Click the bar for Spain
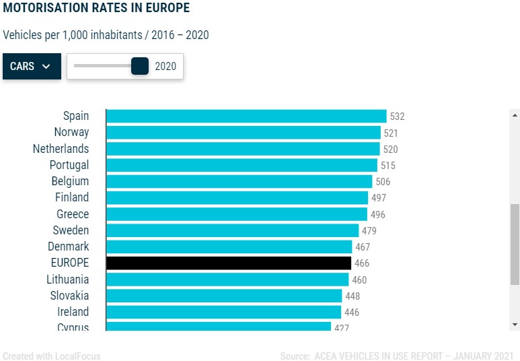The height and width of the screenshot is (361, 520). [x=246, y=116]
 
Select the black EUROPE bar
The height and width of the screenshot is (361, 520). [x=229, y=263]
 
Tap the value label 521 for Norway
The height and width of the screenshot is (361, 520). [x=391, y=133]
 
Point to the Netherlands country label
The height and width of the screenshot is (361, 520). [x=61, y=149]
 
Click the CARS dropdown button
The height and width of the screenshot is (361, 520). [x=31, y=67]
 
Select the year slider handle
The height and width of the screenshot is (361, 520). [x=140, y=66]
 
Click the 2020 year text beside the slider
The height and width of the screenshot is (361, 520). [x=165, y=67]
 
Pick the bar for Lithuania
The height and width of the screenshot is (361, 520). [x=227, y=280]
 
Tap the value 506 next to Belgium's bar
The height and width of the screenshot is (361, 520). [x=383, y=182]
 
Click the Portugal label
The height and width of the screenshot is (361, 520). [x=69, y=165]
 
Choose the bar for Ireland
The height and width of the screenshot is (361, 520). [x=223, y=312]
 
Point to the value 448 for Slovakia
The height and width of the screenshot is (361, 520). [x=353, y=296]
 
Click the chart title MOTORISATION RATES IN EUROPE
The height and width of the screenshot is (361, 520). [x=96, y=9]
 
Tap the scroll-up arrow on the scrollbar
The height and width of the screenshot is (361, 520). [x=515, y=114]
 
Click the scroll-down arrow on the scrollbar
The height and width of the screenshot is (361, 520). [x=515, y=325]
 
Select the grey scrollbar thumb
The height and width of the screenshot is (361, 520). [x=515, y=244]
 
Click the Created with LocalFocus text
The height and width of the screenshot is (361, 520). [x=52, y=356]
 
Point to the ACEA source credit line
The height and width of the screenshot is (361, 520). [x=397, y=356]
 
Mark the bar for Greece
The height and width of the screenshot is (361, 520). [x=237, y=214]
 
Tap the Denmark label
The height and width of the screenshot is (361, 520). [x=68, y=247]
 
